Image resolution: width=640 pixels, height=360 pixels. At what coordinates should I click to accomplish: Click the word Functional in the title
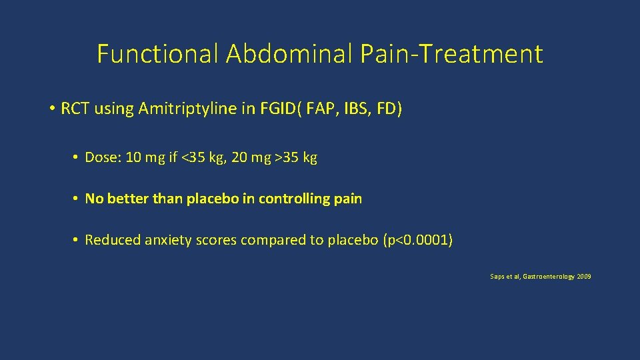point(157,54)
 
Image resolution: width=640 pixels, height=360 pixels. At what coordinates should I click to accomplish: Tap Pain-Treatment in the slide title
point(451,54)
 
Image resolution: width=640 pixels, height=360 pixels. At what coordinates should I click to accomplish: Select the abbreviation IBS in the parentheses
point(359,109)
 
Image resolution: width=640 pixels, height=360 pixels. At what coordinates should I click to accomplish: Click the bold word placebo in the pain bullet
point(221,199)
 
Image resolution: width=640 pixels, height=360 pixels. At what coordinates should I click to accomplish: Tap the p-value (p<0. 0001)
point(418,240)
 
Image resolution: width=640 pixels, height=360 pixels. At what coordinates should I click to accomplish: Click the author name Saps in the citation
point(498,276)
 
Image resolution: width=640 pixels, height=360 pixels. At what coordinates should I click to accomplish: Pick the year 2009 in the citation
point(583,276)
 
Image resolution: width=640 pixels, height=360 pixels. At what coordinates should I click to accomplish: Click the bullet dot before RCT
point(51,109)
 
